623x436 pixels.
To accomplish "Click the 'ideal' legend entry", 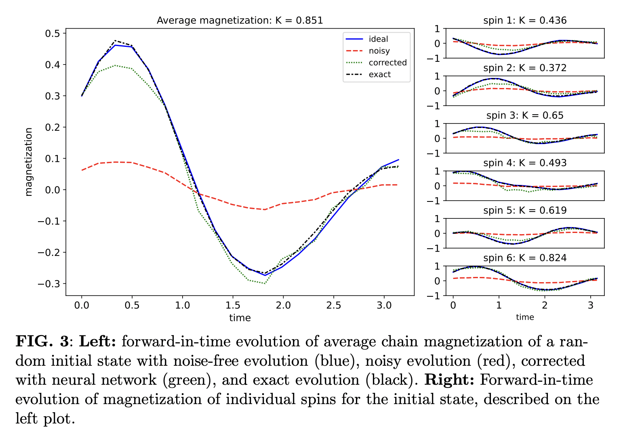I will point(378,39).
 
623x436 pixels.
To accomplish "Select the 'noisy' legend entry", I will point(379,51).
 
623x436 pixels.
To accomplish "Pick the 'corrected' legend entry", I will point(387,63).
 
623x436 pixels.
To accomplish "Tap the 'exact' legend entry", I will point(379,74).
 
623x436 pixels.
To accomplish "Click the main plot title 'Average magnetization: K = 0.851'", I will point(240,21).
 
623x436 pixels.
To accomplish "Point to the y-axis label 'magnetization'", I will point(28,162).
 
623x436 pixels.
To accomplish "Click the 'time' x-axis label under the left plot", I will point(240,318).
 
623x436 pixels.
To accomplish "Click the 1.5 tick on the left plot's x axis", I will point(233,305).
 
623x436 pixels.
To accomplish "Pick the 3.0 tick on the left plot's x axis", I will point(384,305).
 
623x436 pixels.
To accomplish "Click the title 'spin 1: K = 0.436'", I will point(524,21).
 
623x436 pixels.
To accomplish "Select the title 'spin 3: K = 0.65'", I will point(524,115).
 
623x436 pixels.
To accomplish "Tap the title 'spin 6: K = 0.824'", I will point(524,258).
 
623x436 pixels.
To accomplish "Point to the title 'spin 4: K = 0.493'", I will point(524,163).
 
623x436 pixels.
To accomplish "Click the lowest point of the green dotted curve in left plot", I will point(265,283).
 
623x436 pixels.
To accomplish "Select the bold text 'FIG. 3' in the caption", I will point(42,342).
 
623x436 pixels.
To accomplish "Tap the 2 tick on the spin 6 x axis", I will point(545,305).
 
